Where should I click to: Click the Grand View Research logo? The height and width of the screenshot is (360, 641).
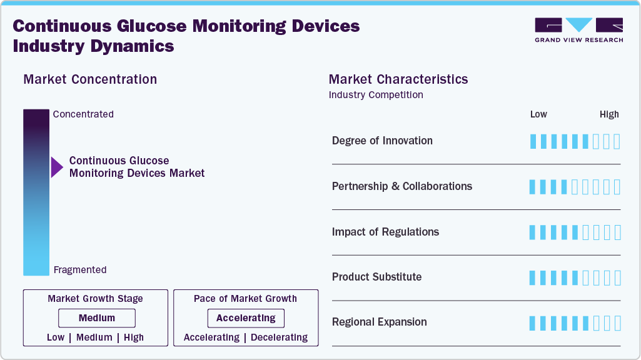tap(578, 29)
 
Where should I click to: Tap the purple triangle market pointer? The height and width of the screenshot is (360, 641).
tap(57, 167)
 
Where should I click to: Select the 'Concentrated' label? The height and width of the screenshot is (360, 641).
tap(83, 114)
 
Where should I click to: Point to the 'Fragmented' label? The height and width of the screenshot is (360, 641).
tap(80, 270)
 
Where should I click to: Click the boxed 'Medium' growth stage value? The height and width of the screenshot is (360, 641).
tap(97, 318)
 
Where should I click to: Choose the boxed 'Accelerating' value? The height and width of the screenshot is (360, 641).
tap(246, 318)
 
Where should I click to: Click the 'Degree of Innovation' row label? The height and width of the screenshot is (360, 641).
tap(382, 141)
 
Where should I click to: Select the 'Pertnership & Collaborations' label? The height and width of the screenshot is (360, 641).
tap(402, 186)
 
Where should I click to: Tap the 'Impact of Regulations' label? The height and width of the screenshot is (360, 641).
tap(385, 232)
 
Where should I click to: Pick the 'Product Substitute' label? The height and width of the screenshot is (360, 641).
tap(376, 277)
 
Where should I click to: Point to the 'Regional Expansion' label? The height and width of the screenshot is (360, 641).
tap(379, 322)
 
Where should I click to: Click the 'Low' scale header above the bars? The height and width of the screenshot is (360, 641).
tap(538, 114)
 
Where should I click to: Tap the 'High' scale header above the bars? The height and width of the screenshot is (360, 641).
tap(609, 114)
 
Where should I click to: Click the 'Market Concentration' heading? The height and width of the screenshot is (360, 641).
tap(90, 79)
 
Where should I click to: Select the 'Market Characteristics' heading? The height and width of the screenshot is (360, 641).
tap(398, 79)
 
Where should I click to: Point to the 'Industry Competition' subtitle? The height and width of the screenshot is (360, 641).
tap(376, 95)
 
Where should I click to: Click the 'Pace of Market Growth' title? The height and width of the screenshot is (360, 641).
tap(245, 299)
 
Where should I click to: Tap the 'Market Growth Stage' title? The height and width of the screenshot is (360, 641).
tap(95, 299)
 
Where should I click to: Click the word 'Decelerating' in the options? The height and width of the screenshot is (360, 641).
tap(279, 337)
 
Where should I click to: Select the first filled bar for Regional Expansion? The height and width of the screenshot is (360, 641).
tap(533, 323)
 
